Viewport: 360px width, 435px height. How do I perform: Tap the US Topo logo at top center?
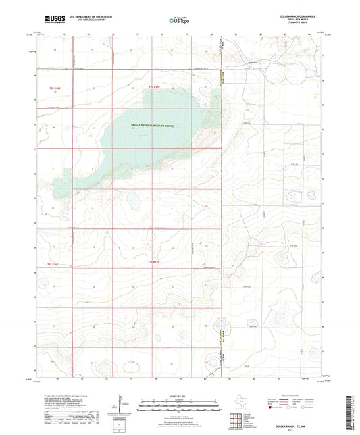(x=178, y=21)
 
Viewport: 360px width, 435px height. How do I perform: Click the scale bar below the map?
(x=179, y=405)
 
